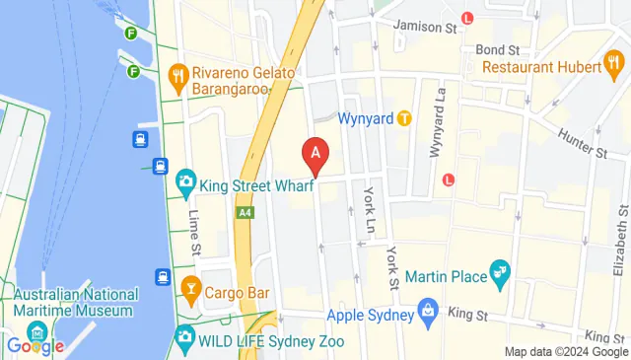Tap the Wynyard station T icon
coord(404,118)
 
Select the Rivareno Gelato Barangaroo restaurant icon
coord(178,73)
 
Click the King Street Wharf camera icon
coord(185,182)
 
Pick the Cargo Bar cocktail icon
coord(192,292)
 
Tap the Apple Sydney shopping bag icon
coord(428,316)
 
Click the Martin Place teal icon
coord(500,271)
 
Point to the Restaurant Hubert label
coord(542,67)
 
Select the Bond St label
coord(498,49)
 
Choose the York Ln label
coord(370,209)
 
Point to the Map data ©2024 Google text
coord(566,352)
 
